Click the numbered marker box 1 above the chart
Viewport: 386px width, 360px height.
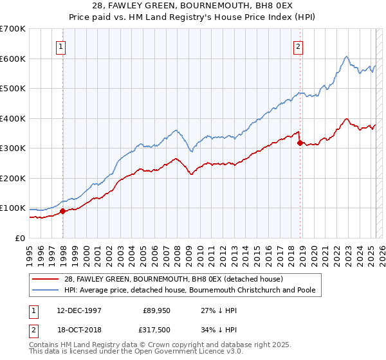click(60, 46)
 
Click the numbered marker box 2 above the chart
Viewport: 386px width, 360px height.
click(299, 46)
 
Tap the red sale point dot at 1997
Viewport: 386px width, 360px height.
click(62, 211)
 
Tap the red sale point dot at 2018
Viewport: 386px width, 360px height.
click(300, 143)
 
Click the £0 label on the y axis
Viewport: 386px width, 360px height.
click(19, 238)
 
